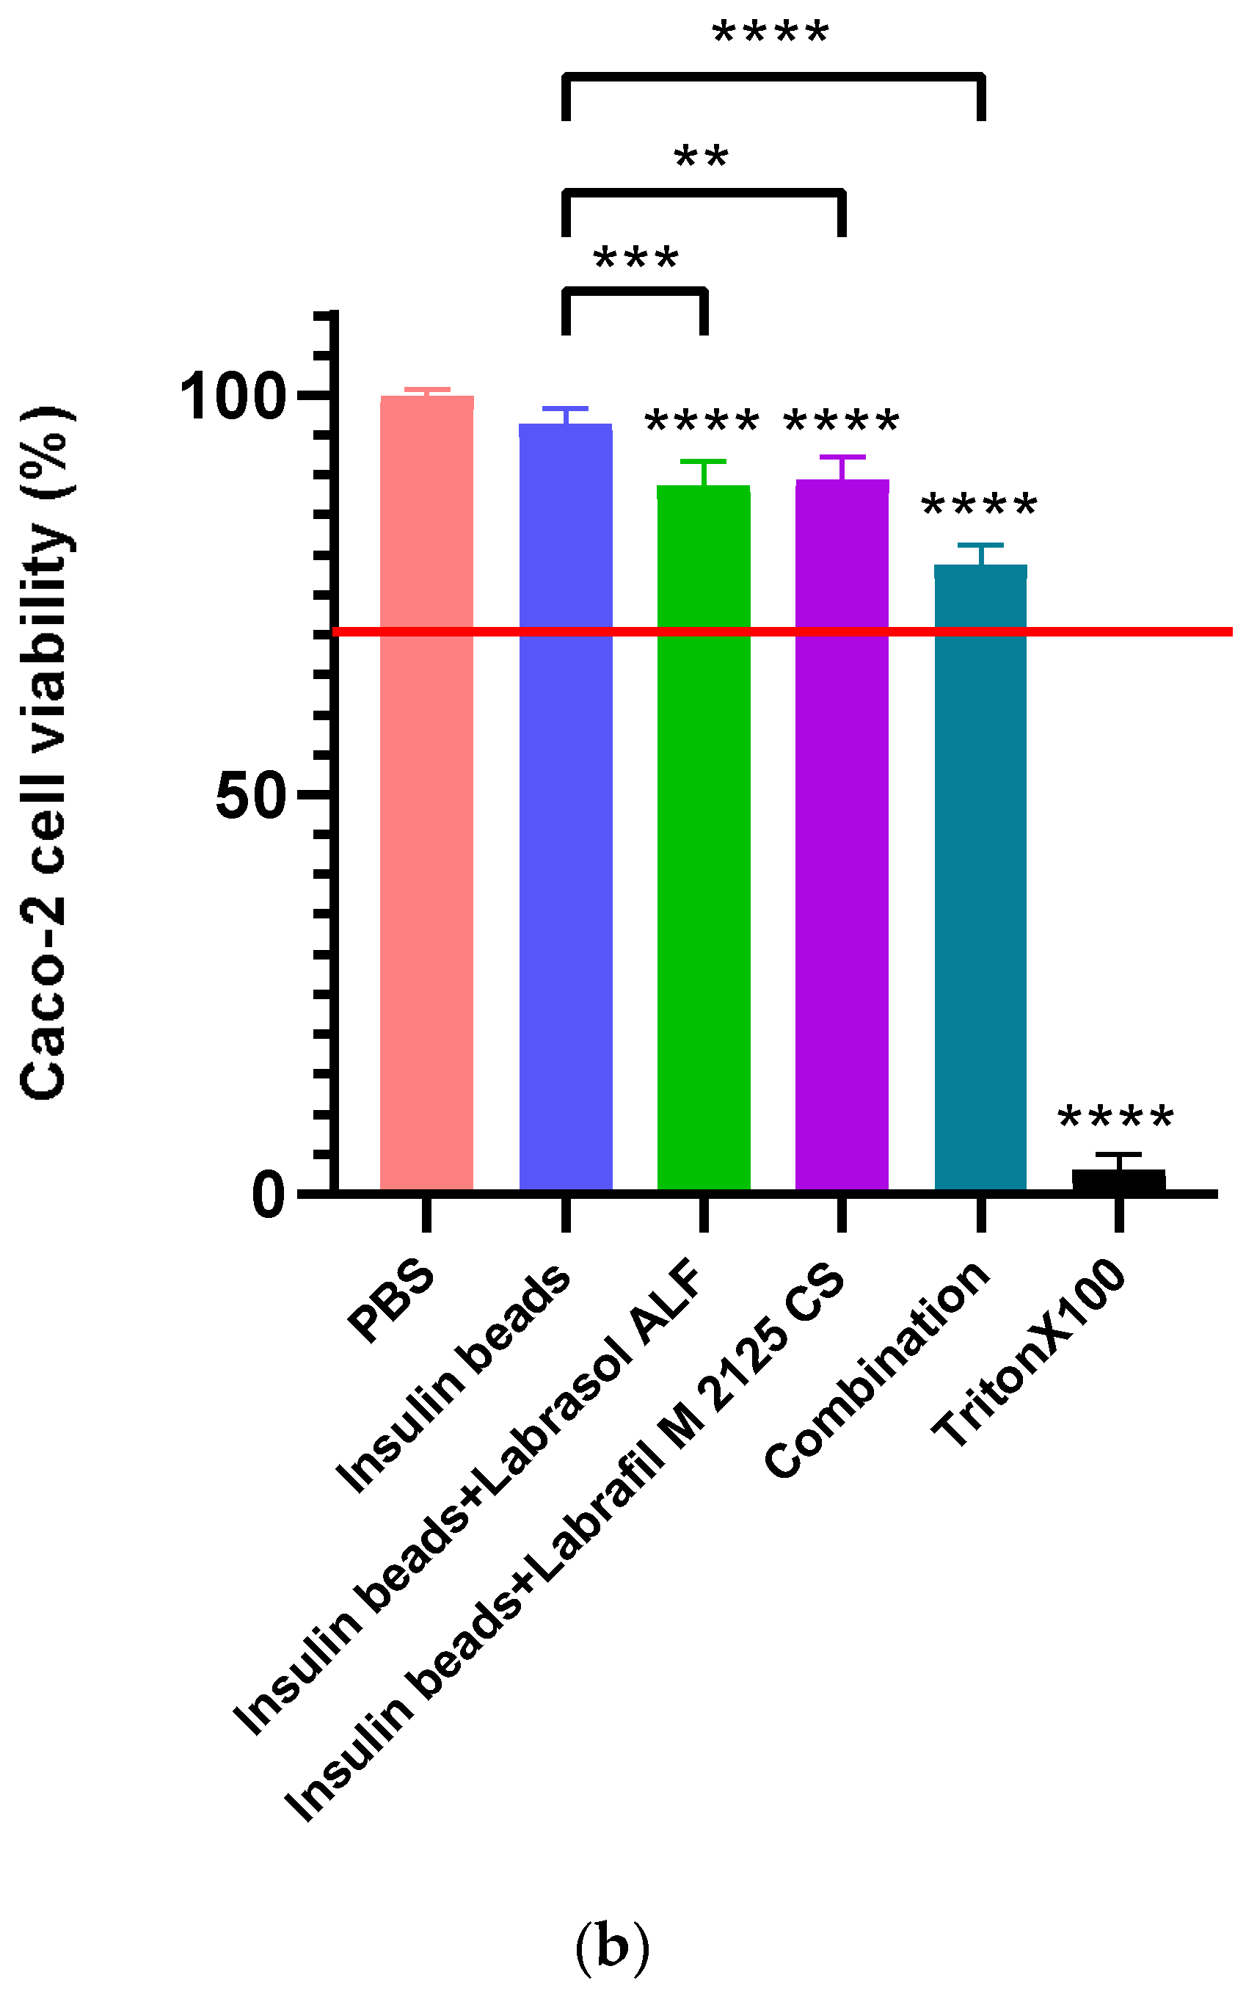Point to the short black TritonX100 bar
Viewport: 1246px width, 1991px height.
pos(1118,1179)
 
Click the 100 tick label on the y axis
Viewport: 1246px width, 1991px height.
pos(234,396)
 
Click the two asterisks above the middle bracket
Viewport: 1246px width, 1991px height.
pos(702,157)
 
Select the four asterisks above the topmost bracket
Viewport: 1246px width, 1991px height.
pos(770,34)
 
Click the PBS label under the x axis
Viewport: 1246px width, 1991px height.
pos(391,1299)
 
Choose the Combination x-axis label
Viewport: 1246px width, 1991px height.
pos(878,1368)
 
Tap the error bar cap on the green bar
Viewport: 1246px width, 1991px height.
pos(703,462)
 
